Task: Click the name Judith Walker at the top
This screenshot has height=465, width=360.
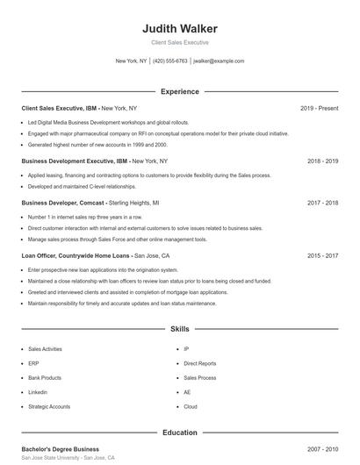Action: [179, 28]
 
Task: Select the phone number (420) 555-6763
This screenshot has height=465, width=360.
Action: [170, 61]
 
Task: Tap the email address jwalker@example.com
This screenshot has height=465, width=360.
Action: [219, 61]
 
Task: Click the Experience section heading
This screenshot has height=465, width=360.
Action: [179, 91]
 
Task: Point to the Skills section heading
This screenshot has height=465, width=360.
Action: [179, 329]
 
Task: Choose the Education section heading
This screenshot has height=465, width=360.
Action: [179, 433]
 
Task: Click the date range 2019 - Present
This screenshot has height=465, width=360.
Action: [319, 108]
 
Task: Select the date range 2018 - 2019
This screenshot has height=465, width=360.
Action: [322, 161]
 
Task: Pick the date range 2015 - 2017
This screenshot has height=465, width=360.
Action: [322, 255]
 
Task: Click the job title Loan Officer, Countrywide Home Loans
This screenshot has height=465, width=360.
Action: [75, 255]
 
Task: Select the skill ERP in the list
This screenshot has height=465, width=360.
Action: [33, 362]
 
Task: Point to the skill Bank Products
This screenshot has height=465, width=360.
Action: [44, 377]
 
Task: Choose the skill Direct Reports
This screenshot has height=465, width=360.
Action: [199, 362]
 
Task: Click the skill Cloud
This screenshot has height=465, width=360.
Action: [191, 407]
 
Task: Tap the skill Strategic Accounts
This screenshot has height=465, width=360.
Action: [48, 407]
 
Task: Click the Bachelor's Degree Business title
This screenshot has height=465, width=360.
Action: [60, 449]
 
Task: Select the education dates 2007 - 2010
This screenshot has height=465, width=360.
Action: [322, 449]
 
